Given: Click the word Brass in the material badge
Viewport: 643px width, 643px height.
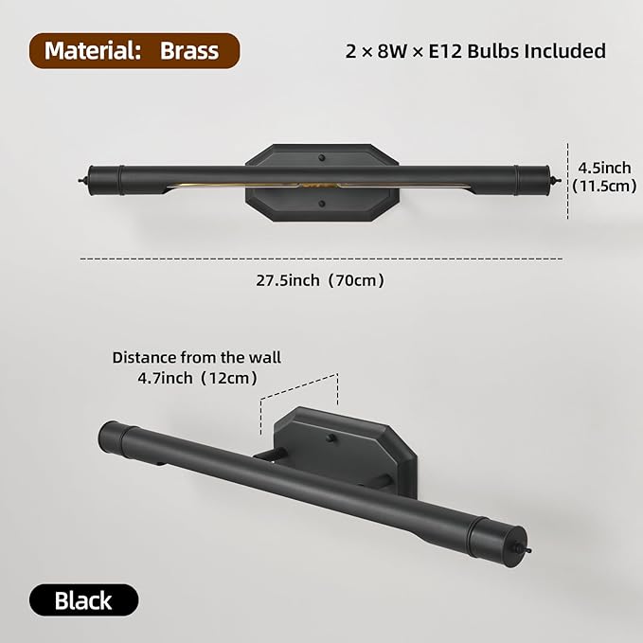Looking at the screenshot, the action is (189, 51).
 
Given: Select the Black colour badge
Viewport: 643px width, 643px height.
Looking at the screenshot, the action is (83, 600).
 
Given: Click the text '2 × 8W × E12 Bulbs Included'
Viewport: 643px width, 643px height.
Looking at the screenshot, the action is (475, 51).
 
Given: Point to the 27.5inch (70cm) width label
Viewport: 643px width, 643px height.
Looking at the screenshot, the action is (320, 281).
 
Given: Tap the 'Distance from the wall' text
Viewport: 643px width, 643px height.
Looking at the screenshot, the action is (197, 358).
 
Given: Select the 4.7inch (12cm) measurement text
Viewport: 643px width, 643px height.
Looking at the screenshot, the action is (197, 378).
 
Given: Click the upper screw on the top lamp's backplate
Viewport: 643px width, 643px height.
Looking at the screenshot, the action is (322, 158).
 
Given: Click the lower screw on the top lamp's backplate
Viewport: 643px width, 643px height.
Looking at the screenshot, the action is (322, 204).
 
